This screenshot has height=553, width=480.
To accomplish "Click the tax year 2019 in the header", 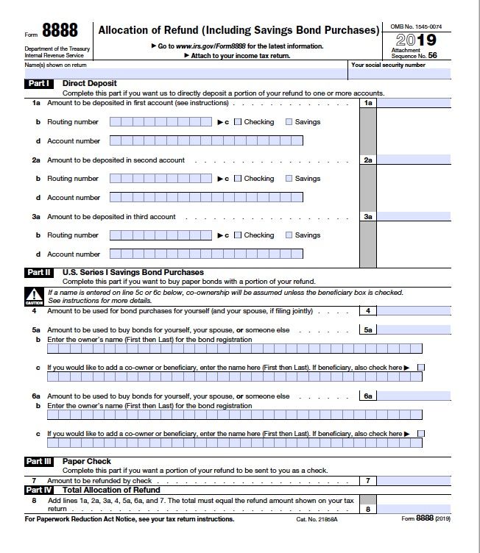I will coord(415,40).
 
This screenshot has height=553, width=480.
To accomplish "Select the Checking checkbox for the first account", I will coord(238,122).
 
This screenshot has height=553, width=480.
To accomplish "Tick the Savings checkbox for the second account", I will coord(289,179).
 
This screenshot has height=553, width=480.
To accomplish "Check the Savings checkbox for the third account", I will coord(289,235).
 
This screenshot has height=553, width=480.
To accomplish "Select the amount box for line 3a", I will coord(414,217).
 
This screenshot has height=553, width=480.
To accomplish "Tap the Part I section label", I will coord(38,84).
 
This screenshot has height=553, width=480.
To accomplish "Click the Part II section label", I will coord(39,273).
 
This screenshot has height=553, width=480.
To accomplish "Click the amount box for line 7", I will coord(414,481).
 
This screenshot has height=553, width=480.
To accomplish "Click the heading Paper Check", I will coord(87,462).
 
